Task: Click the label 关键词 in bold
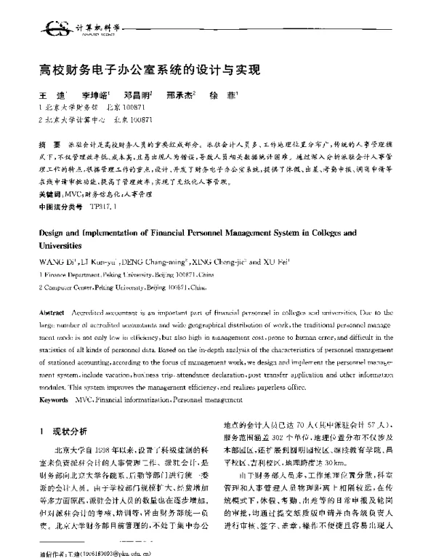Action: [50, 196]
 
